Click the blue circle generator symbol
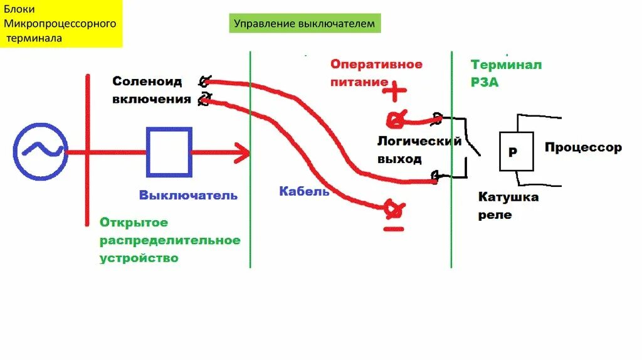(40, 151)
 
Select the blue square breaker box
(169, 152)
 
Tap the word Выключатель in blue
(188, 195)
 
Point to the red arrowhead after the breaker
(241, 152)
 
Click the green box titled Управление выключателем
(305, 24)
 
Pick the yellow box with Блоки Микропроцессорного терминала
(61, 24)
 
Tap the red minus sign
(393, 229)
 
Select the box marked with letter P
(516, 151)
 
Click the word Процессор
(583, 148)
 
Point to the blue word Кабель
(304, 191)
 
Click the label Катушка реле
(508, 206)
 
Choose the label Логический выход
(419, 150)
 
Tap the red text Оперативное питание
(376, 73)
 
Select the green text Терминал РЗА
(506, 73)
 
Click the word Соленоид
(147, 81)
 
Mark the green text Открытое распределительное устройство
(169, 240)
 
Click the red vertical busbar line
(87, 151)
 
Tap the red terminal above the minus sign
(393, 208)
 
